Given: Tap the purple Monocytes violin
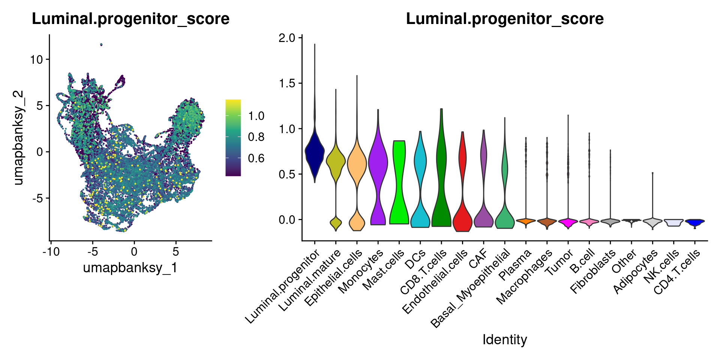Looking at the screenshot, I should click(x=378, y=161).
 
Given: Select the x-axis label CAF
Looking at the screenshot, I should click(x=478, y=259).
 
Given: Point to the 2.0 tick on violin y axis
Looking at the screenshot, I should click(x=287, y=37).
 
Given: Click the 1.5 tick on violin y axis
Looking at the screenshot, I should click(x=287, y=83).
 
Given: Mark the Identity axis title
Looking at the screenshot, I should click(x=504, y=339).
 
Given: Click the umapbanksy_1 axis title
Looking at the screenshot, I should click(x=130, y=268).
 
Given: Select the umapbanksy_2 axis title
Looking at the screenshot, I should click(x=18, y=138).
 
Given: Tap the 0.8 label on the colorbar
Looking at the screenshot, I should click(x=256, y=137).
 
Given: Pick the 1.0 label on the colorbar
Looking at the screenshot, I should click(x=256, y=116).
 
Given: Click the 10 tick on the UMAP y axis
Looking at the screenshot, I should click(x=37, y=59).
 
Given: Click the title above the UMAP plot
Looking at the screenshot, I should click(x=130, y=19).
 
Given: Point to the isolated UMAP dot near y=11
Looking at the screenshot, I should click(x=101, y=45).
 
